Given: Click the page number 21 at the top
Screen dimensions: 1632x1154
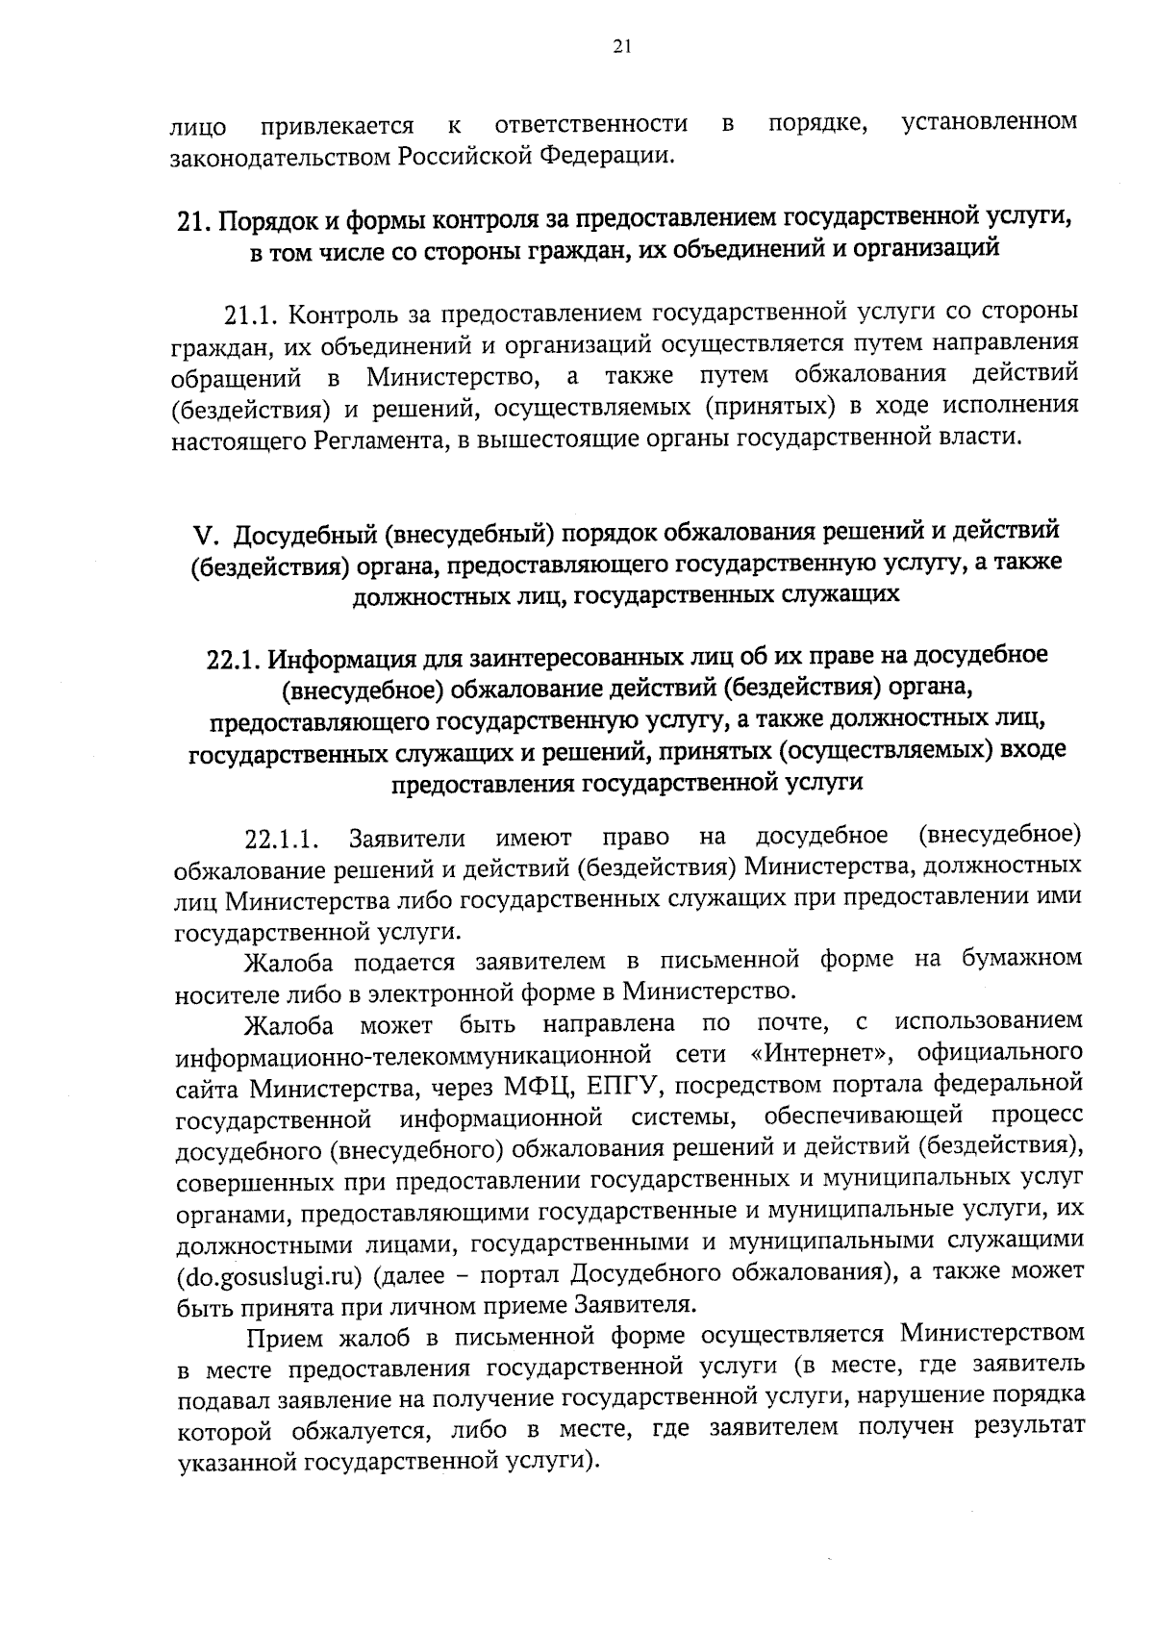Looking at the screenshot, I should click(x=620, y=45).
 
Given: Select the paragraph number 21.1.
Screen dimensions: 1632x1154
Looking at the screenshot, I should click(x=250, y=314).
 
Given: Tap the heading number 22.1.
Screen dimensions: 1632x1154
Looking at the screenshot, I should click(x=233, y=660).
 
